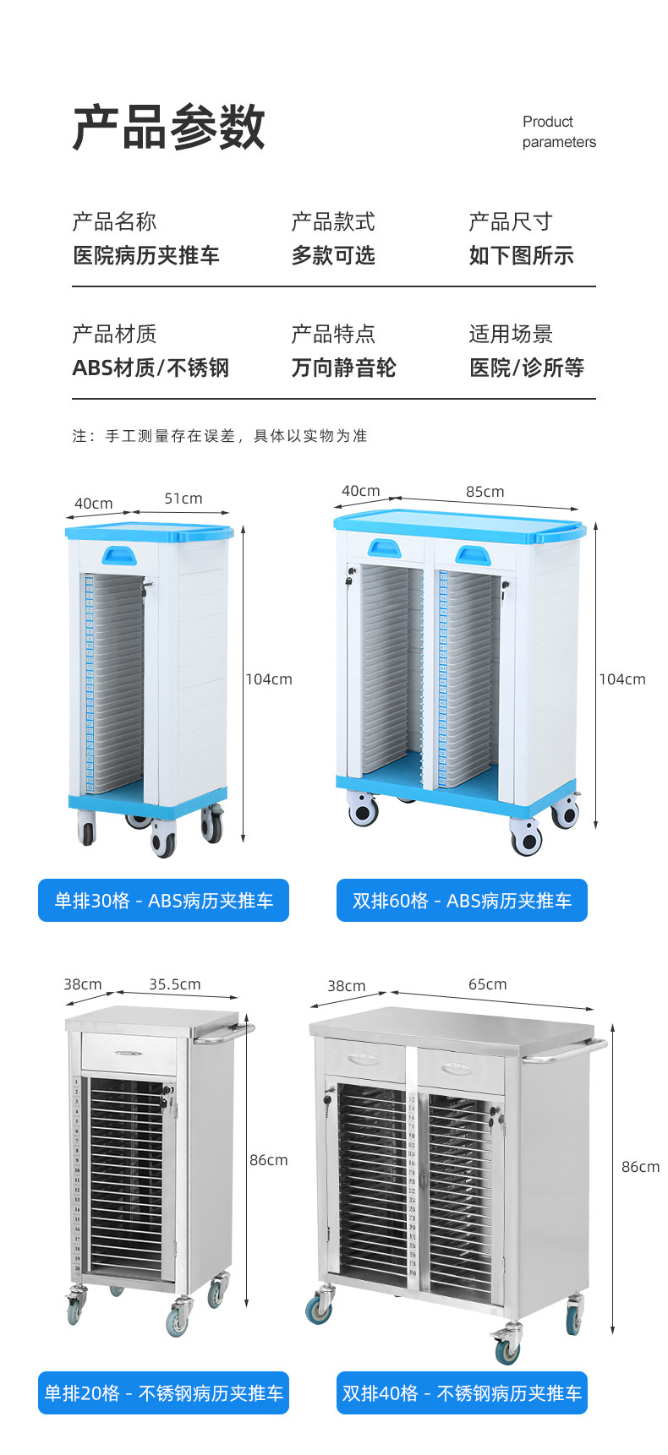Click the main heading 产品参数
[169, 128]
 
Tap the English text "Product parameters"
[559, 132]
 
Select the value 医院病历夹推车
[146, 255]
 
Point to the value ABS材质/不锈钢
[151, 368]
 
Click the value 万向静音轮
[343, 368]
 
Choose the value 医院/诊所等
[527, 368]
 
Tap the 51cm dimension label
[183, 499]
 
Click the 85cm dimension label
[485, 492]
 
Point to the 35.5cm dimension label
[175, 984]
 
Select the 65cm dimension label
[488, 984]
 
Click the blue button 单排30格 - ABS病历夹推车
[164, 901]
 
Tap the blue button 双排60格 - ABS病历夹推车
[462, 901]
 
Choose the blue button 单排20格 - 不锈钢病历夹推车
[164, 1392]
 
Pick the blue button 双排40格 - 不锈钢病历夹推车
[462, 1392]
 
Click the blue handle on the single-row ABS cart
[119, 555]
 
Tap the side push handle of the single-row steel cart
[224, 1033]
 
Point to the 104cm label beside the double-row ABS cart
[622, 679]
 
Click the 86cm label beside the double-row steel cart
[640, 1167]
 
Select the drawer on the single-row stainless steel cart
[129, 1054]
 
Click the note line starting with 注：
[220, 436]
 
